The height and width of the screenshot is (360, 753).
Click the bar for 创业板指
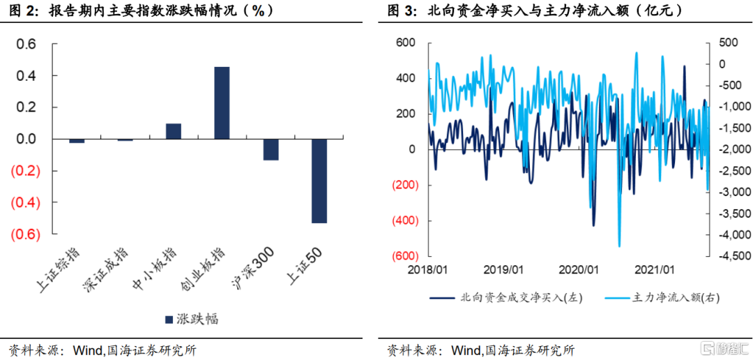tap(222, 103)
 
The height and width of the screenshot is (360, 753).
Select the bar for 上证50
tap(319, 181)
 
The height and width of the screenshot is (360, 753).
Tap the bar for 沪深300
tap(271, 149)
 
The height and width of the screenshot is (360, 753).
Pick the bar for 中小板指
tap(174, 131)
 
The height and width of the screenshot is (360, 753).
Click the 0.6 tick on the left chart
tap(26, 44)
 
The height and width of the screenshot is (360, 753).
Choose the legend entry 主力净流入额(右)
tap(667, 297)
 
